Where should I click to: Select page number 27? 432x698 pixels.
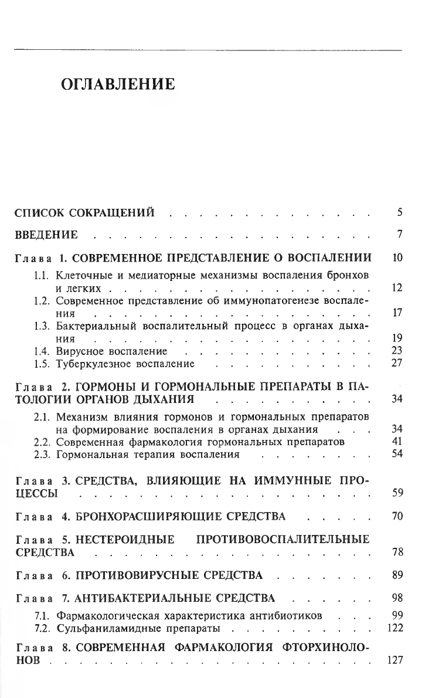[x=395, y=363]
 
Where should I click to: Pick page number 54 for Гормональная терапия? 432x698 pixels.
[x=395, y=454]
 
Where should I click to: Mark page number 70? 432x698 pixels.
[x=395, y=517]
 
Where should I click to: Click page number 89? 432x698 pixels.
[x=395, y=575]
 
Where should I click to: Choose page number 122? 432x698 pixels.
[x=393, y=628]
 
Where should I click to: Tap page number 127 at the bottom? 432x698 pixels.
[x=393, y=660]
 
